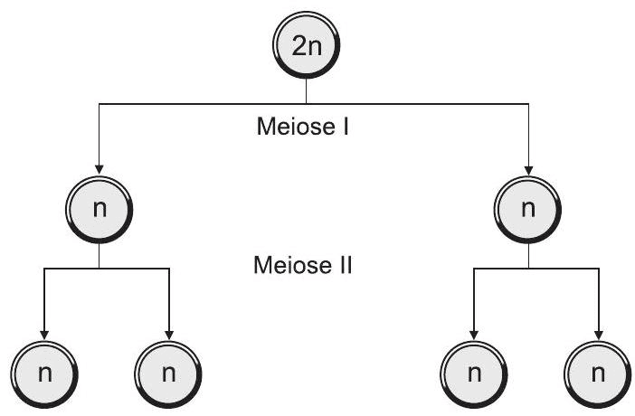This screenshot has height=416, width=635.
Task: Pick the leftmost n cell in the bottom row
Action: [x=43, y=373]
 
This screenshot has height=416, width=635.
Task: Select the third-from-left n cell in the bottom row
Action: [x=473, y=373]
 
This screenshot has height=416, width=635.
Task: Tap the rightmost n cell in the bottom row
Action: [x=598, y=373]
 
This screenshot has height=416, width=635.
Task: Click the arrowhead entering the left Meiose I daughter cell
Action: [x=99, y=169]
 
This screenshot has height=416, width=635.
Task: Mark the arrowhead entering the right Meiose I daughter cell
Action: [x=529, y=169]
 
